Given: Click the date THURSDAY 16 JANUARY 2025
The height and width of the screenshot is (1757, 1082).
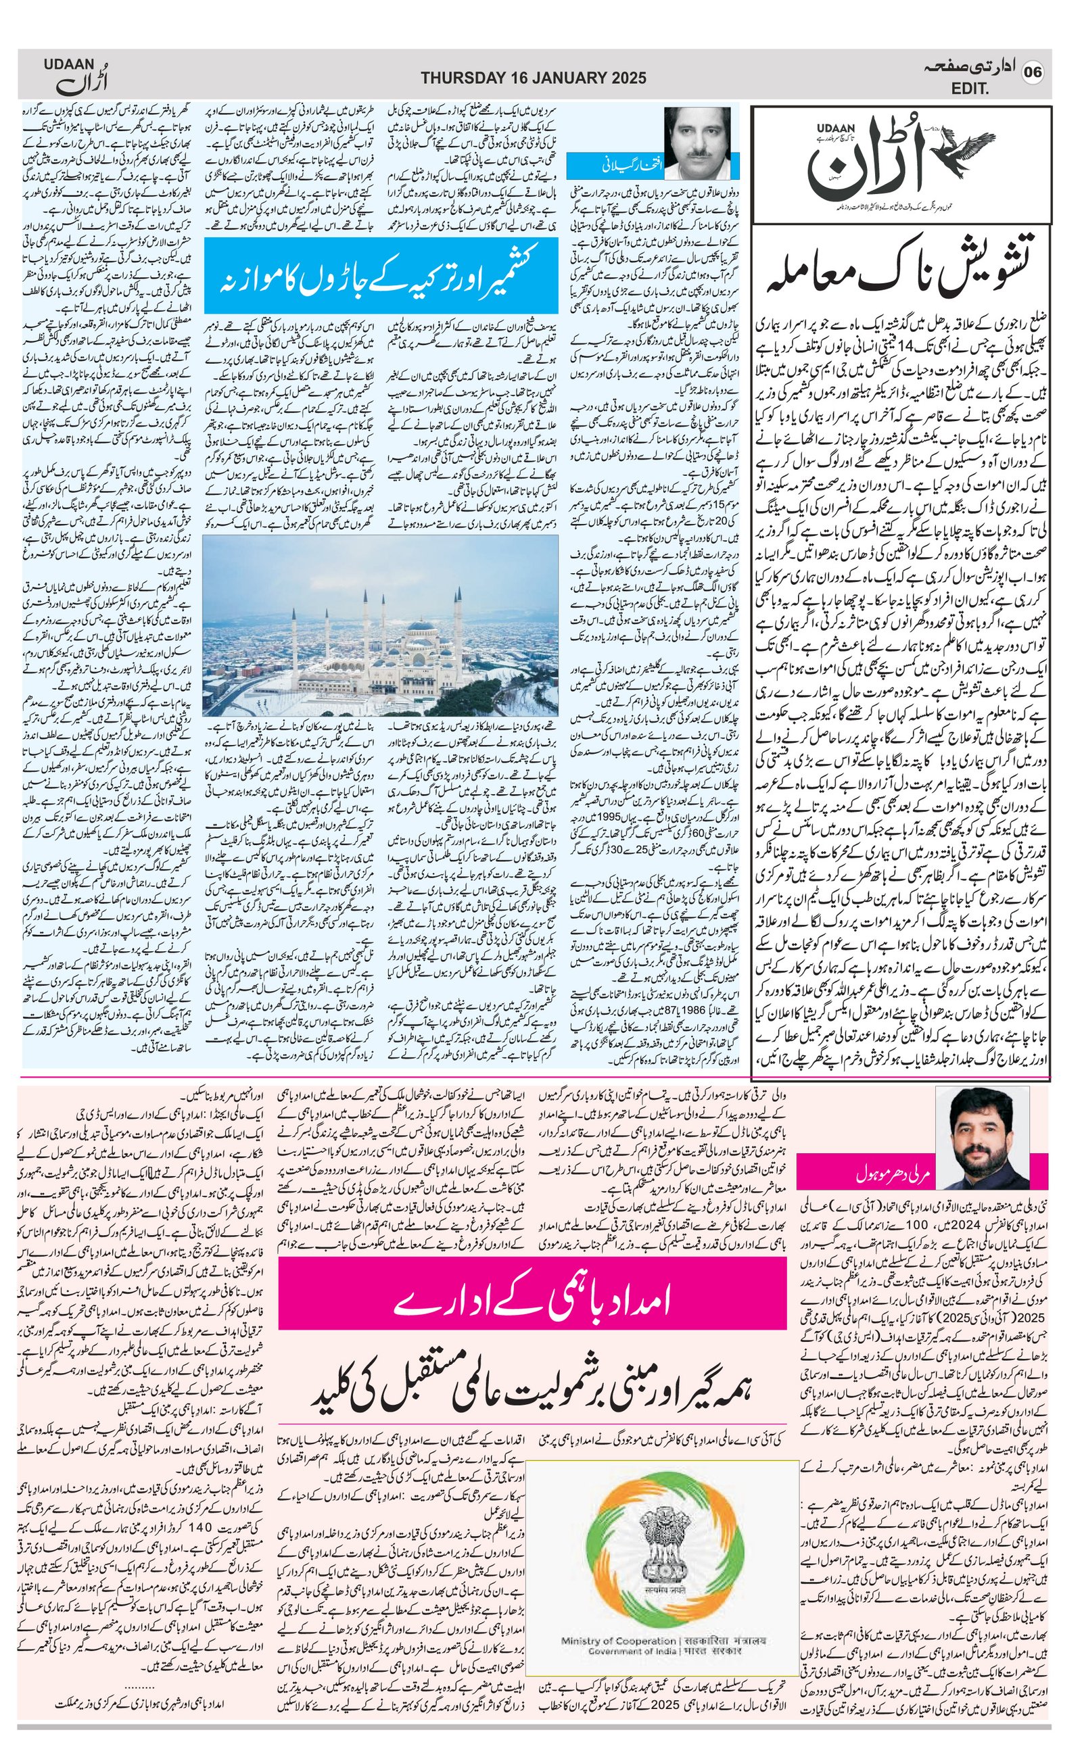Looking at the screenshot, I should [x=533, y=78].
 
